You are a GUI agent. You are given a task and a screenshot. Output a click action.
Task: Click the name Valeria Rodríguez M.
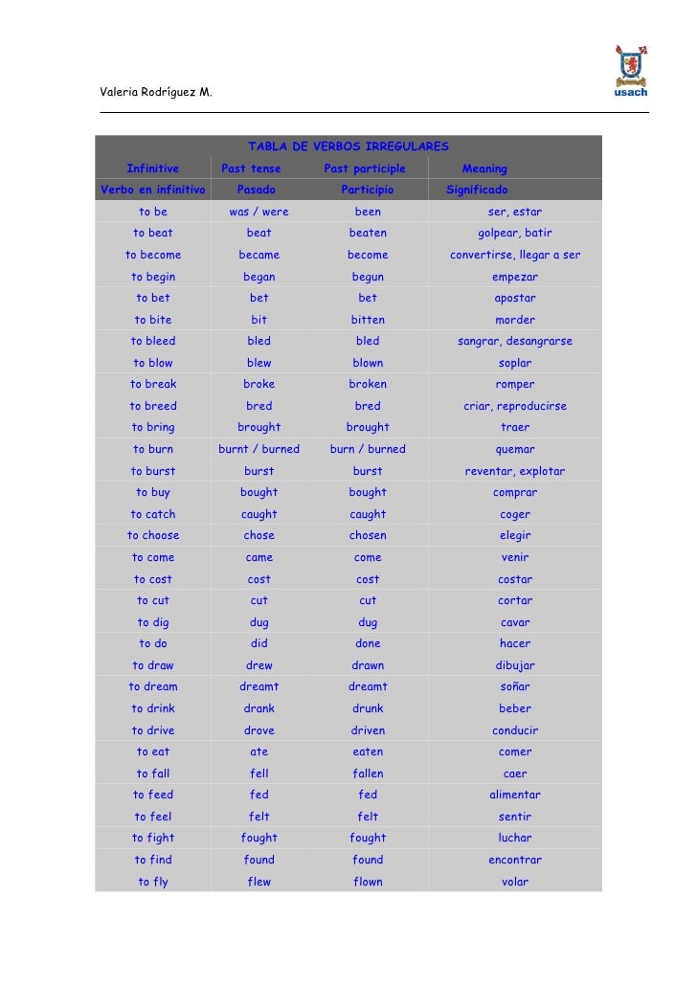(156, 92)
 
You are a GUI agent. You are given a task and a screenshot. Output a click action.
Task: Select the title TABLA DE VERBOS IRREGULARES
(348, 147)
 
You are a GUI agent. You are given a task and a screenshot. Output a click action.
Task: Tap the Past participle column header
(365, 168)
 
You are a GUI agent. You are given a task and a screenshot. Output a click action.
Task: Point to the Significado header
(477, 190)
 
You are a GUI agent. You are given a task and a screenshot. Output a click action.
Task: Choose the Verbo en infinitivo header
(153, 190)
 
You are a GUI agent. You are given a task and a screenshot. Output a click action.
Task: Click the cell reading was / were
(259, 212)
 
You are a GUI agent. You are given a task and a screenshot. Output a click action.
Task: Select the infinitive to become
(153, 255)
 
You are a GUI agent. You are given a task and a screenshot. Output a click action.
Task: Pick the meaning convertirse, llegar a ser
(515, 255)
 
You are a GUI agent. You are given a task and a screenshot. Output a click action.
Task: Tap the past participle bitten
(368, 320)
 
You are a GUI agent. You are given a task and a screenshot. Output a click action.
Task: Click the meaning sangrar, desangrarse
(515, 341)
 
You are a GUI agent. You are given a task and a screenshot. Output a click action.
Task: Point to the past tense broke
(259, 384)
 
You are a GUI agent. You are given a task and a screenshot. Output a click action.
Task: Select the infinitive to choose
(153, 535)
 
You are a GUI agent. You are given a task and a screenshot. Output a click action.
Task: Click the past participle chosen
(368, 535)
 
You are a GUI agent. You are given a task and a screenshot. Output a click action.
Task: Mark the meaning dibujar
(515, 665)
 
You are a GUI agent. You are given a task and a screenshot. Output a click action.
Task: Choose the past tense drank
(259, 708)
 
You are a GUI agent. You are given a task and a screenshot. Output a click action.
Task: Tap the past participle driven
(368, 730)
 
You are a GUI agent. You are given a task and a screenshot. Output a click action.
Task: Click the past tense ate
(259, 751)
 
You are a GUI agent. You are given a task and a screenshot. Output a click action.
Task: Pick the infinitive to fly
(153, 882)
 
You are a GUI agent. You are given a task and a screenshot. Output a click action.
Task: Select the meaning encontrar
(515, 860)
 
